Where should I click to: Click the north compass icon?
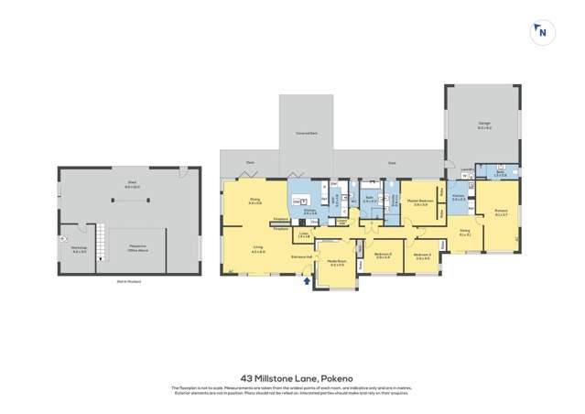click(543, 32)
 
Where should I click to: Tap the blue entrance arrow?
click(307, 281)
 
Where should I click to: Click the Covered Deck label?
click(306, 134)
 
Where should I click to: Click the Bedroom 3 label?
click(422, 256)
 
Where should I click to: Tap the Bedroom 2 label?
click(383, 256)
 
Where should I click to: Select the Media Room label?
click(337, 263)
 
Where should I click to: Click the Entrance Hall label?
click(301, 257)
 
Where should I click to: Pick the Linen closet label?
click(304, 235)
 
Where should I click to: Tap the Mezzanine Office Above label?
click(137, 248)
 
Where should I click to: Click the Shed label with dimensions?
click(131, 186)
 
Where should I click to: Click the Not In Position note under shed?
click(128, 281)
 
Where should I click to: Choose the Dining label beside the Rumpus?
click(465, 232)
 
